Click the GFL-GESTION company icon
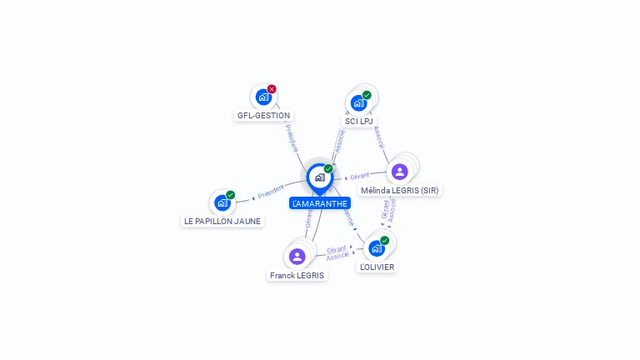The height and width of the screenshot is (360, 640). pos(263,97)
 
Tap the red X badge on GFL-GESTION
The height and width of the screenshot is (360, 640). pos(272,89)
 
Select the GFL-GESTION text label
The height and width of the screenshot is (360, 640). pos(263,116)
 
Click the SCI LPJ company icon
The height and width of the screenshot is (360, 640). pos(358,102)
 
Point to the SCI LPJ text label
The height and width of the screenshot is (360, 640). pos(358,122)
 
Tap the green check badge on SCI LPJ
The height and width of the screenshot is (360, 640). pos(367,95)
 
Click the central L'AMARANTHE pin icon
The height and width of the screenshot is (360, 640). pos(319,177)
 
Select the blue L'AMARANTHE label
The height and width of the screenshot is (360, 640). pos(320,203)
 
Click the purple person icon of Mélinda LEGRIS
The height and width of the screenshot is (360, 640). pos(399,172)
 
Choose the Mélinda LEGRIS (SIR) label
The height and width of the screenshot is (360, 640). pos(400,190)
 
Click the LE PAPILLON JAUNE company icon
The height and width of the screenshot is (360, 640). pos(222,202)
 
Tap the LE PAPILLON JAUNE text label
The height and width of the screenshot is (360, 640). pos(222,222)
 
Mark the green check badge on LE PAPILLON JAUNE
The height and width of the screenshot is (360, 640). pos(230,195)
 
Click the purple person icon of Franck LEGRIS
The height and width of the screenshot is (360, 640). pos(297,256)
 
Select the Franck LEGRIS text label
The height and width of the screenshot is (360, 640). pos(297,275)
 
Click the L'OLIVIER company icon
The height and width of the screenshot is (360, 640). pos(377,248)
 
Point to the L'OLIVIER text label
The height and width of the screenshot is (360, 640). pos(377,267)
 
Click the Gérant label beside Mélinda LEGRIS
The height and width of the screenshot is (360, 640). pos(360,176)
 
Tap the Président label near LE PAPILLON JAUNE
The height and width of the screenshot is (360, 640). pos(271,192)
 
